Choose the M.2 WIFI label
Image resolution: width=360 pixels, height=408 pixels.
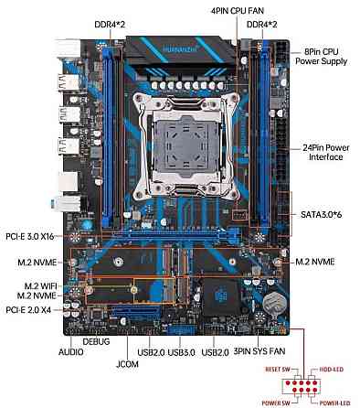tap(33, 285)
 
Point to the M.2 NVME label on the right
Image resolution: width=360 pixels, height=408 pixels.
tap(314, 262)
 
